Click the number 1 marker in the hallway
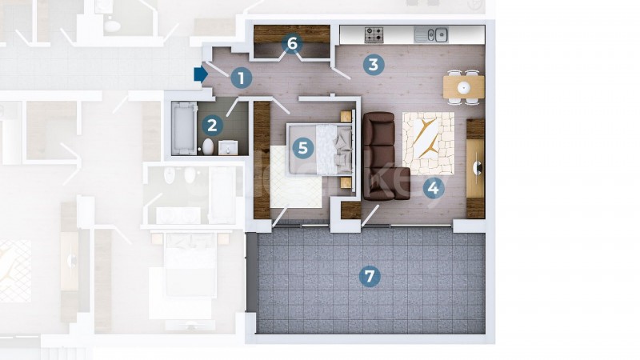tap(242, 78)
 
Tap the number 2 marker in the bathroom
tap(212, 126)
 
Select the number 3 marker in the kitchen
tap(373, 65)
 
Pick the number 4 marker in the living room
tap(433, 188)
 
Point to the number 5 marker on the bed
tap(303, 147)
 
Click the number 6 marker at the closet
tap(292, 43)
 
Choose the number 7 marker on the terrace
tap(370, 276)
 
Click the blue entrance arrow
tap(201, 74)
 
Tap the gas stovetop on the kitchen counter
tap(374, 34)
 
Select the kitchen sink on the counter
tap(431, 34)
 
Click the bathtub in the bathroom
tap(184, 128)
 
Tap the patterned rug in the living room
tap(428, 143)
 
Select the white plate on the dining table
tap(464, 87)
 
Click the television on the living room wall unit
tap(478, 168)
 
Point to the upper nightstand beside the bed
tap(346, 116)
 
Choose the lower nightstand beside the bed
tap(346, 182)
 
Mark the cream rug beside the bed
tap(295, 178)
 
